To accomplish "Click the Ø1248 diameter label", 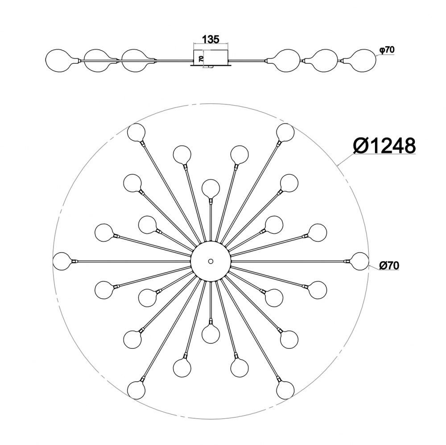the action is [x=384, y=146].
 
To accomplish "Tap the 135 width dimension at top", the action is [x=211, y=40].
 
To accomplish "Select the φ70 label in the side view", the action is [x=387, y=50].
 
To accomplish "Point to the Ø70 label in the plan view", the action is [x=389, y=265].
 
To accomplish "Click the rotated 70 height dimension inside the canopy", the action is [x=201, y=59].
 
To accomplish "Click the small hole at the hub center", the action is [x=211, y=261].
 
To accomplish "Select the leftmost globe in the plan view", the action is [x=62, y=261].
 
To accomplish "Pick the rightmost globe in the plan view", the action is [x=359, y=261].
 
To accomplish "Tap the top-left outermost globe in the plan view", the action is [x=136, y=132].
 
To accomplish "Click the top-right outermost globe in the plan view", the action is [x=285, y=132].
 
